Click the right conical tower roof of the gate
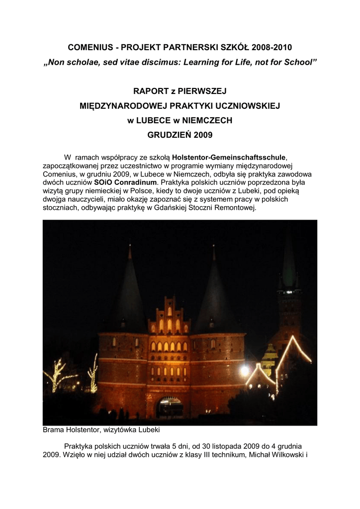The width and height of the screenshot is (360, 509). pos(214,293)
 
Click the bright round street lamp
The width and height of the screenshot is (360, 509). pos(244,370)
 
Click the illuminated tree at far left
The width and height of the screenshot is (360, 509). pos(56,375)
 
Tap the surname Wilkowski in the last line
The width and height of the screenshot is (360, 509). pos(288,454)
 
